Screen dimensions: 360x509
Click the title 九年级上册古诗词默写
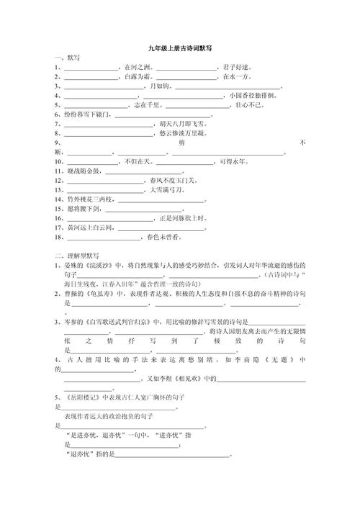pyautogui.click(x=180, y=48)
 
